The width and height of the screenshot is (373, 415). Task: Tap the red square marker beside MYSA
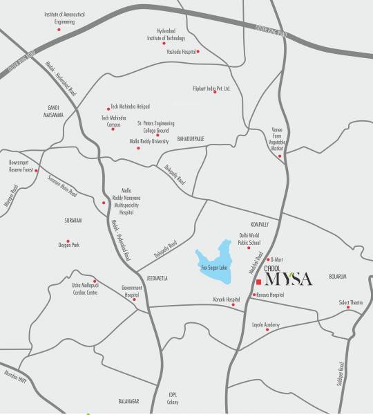tap(258, 282)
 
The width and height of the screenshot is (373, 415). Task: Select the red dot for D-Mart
tap(269, 259)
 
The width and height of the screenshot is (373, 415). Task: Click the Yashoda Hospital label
tap(178, 51)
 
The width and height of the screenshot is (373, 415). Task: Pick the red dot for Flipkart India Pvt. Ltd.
tap(215, 93)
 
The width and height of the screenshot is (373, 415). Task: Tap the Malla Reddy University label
tap(149, 141)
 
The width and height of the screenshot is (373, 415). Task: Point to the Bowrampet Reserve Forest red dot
tap(37, 169)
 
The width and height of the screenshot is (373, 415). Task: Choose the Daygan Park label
tap(68, 245)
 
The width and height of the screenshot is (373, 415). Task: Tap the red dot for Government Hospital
tap(134, 299)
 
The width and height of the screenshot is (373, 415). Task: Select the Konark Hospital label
tap(226, 299)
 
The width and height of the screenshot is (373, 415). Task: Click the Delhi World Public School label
tap(249, 239)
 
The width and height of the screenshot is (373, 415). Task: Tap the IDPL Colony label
tap(173, 399)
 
